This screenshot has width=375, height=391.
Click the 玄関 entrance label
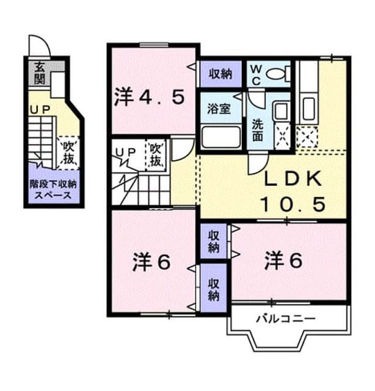[x=40, y=73]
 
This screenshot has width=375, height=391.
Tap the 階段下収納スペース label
[x=53, y=189]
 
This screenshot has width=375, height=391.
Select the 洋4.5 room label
[x=150, y=98]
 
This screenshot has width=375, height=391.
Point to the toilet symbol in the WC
[x=279, y=73]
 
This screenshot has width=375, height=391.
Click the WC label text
[x=256, y=75]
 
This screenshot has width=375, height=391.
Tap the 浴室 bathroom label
[x=219, y=109]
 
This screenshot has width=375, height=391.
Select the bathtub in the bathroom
[x=221, y=136]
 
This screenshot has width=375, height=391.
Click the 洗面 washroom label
[x=258, y=130]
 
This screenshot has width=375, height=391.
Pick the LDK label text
[x=293, y=179]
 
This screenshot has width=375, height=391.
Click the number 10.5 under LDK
[x=293, y=204]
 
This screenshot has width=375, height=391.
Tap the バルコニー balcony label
[x=286, y=319]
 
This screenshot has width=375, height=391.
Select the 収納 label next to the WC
[x=220, y=74]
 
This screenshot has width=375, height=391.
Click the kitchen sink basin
[x=309, y=109]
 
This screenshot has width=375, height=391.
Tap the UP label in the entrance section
[x=40, y=110]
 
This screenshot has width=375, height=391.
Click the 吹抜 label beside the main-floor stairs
[x=156, y=155]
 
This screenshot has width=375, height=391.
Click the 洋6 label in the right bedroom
[x=283, y=261]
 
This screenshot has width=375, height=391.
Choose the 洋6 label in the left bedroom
[x=151, y=262]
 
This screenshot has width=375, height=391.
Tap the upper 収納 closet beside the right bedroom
[x=214, y=241]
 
